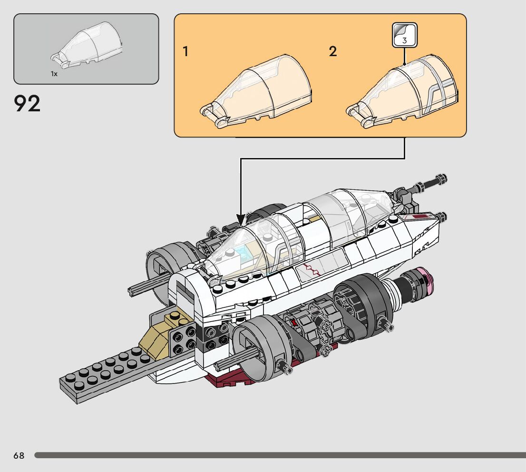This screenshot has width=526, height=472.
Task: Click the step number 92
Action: click(x=28, y=104)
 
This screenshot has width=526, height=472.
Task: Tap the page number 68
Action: click(x=19, y=456)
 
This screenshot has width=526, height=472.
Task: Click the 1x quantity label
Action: click(x=54, y=74)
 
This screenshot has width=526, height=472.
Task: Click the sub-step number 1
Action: click(x=185, y=51)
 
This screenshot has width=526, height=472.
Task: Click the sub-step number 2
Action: click(x=333, y=51)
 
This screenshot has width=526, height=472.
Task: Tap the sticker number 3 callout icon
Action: click(x=404, y=36)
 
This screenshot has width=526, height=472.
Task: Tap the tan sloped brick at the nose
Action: click(x=157, y=338)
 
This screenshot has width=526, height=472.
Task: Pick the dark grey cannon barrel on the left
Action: click(x=147, y=284)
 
